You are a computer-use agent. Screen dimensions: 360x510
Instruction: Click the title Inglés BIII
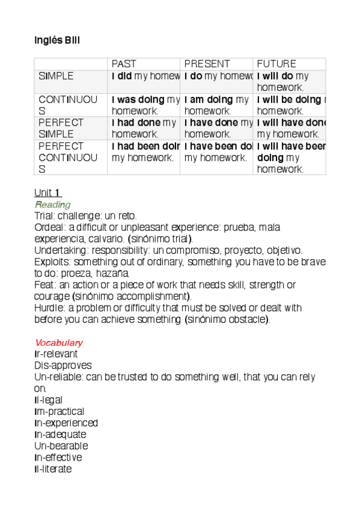(57, 40)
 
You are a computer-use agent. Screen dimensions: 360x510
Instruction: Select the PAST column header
(124, 64)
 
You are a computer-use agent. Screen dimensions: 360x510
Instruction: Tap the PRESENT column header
(207, 64)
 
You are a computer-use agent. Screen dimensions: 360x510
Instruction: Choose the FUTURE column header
(276, 64)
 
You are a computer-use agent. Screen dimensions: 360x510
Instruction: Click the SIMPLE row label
(56, 76)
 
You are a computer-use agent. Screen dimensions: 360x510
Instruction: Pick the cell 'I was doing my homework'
(144, 105)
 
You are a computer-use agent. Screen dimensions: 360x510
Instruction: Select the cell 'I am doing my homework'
(216, 105)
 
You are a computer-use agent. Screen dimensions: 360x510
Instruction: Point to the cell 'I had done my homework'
(144, 128)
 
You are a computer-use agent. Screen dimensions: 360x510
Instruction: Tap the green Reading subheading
(53, 205)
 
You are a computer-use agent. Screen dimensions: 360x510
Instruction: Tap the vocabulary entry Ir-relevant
(56, 354)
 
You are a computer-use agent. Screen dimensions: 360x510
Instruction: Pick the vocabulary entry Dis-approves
(63, 366)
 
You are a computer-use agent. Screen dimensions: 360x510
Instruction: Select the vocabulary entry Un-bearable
(61, 446)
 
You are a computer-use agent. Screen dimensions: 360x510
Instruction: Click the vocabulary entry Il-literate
(53, 469)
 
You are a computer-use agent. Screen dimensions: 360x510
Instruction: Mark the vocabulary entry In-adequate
(61, 434)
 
